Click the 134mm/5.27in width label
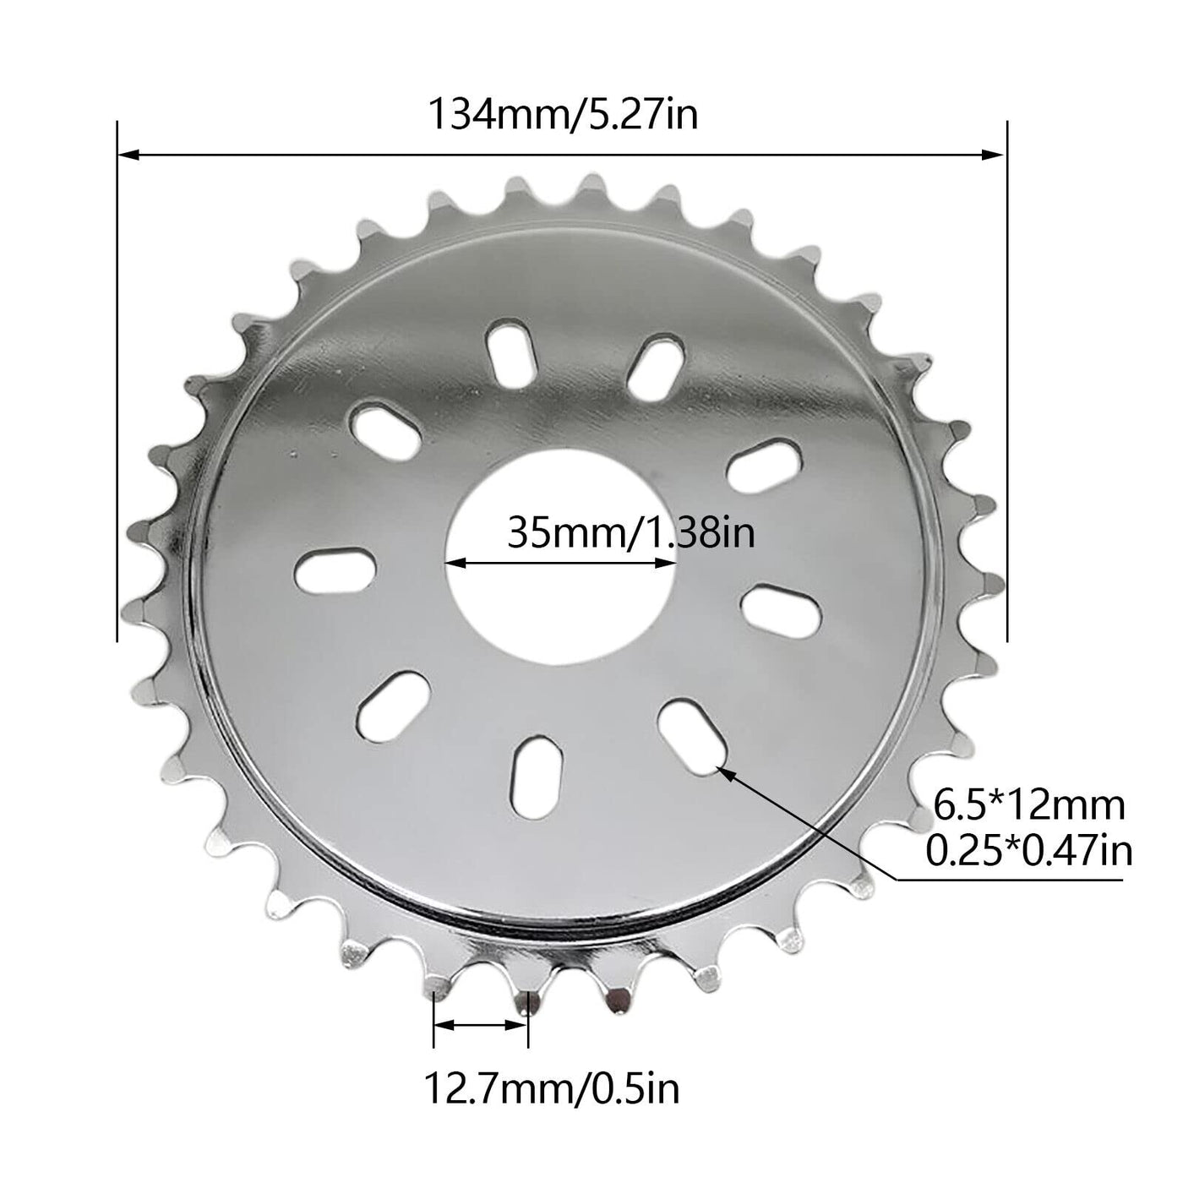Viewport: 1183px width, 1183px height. [564, 114]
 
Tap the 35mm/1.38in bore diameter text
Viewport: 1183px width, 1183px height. [630, 533]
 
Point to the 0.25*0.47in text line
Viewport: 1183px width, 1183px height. [1028, 851]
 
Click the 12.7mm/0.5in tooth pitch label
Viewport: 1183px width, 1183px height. [551, 1088]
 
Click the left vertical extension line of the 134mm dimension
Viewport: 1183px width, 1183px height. [117, 380]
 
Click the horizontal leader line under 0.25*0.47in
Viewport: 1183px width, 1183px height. [1014, 880]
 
